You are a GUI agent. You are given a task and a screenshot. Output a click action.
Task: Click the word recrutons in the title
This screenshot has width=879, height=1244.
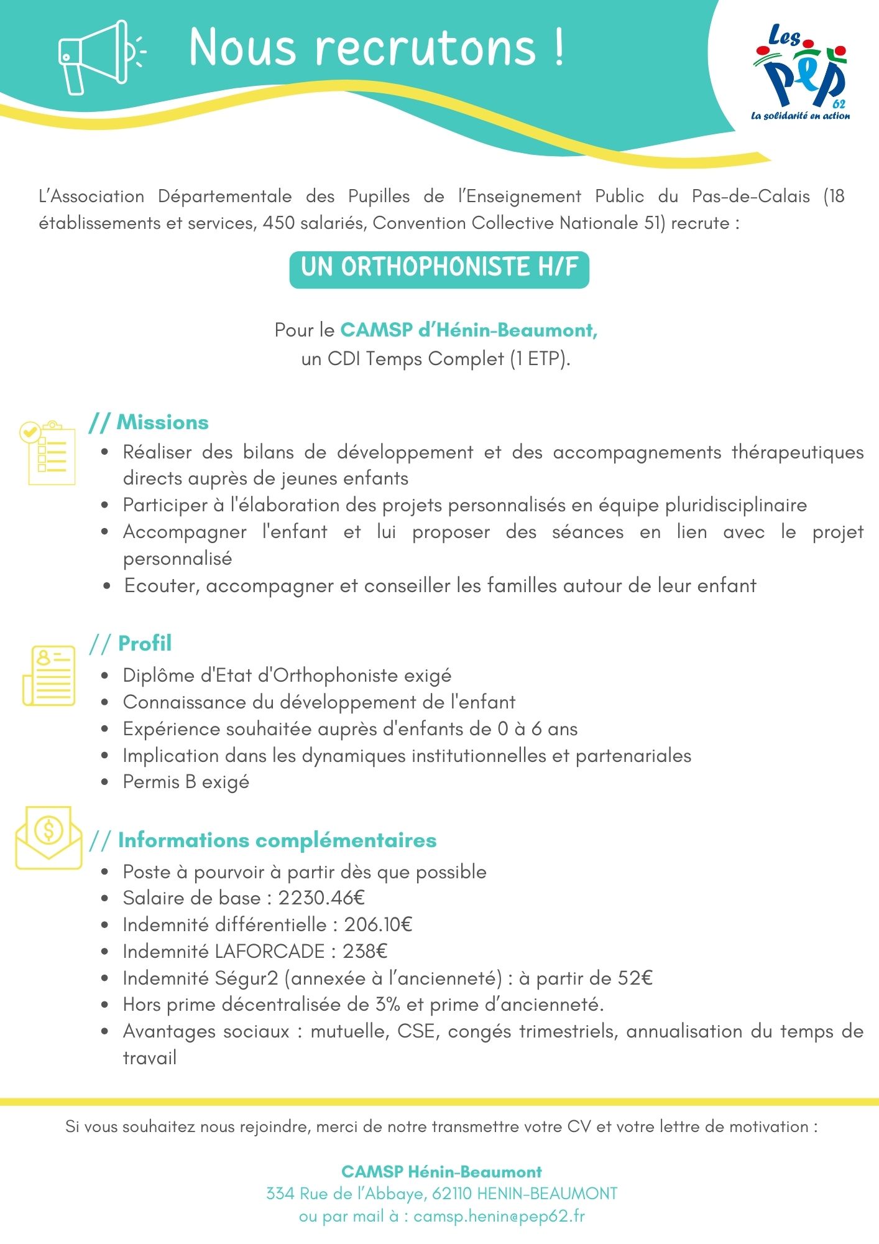(x=425, y=47)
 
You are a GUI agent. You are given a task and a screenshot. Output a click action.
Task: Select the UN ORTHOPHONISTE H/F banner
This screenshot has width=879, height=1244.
(x=439, y=268)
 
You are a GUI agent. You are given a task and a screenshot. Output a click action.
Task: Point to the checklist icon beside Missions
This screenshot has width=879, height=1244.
(x=48, y=452)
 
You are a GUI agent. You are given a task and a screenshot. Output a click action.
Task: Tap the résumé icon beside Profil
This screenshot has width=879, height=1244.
(x=49, y=675)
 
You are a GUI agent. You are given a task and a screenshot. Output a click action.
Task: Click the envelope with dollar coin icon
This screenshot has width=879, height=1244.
(x=48, y=837)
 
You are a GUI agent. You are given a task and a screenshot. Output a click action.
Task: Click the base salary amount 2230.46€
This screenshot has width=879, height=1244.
(x=321, y=898)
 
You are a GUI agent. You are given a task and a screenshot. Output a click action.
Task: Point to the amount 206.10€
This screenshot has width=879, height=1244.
(x=378, y=925)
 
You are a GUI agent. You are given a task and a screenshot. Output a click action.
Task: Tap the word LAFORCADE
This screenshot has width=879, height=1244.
(x=270, y=952)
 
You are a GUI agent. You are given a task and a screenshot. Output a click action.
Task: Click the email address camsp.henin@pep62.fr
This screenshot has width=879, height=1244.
(x=499, y=1216)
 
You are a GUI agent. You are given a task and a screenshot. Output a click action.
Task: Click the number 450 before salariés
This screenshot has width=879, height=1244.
(x=278, y=223)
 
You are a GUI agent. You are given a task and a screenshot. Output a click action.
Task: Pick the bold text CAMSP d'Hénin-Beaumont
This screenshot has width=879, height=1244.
(x=469, y=330)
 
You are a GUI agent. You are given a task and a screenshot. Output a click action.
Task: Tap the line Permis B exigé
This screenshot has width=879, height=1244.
(x=186, y=782)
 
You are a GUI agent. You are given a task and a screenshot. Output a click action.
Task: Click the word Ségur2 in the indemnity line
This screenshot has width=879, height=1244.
(x=246, y=978)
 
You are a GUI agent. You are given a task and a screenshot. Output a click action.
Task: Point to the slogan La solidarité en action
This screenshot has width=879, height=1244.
(x=800, y=116)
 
